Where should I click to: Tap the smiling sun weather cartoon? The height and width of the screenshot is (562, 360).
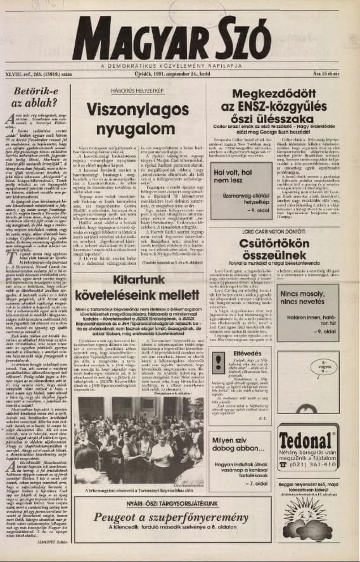[x=309, y=520]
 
